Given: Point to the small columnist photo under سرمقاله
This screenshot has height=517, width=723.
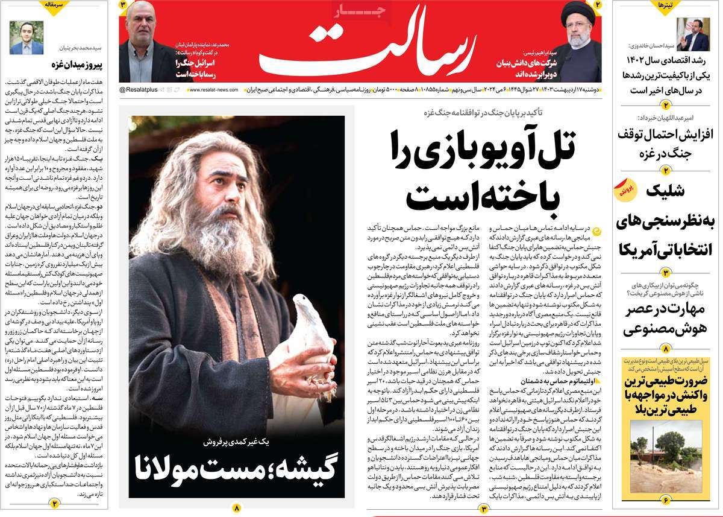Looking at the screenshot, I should pyautogui.click(x=26, y=38).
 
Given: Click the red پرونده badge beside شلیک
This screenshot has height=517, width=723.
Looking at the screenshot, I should pyautogui.click(x=625, y=191).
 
